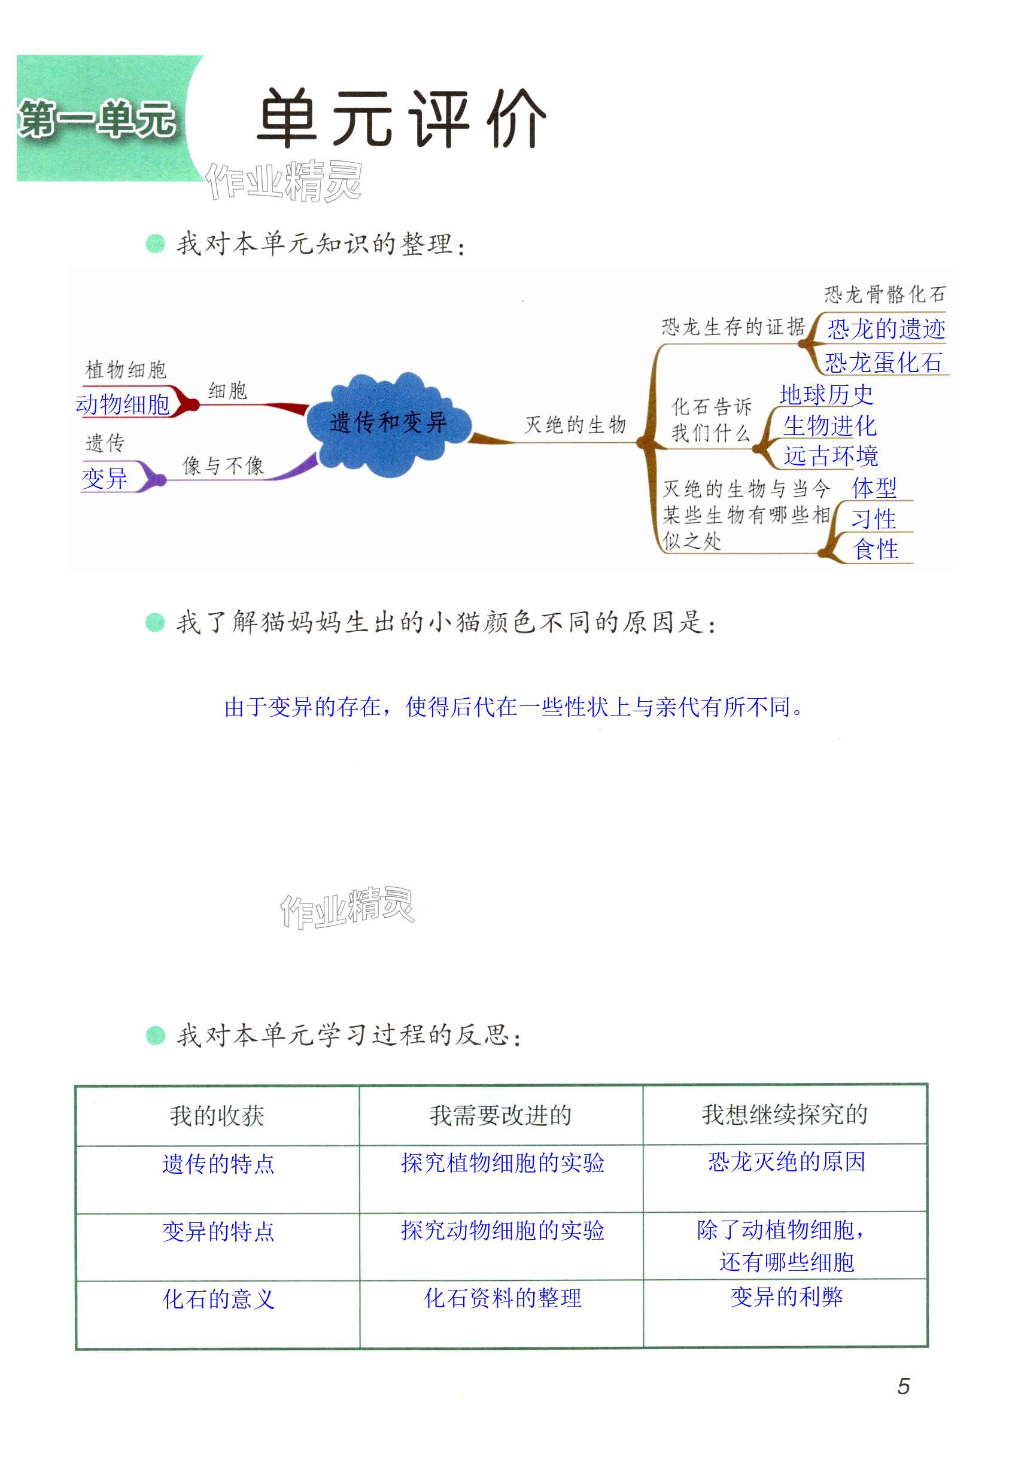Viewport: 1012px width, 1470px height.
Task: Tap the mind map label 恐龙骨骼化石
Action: click(885, 294)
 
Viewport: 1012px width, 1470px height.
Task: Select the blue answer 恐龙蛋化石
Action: click(883, 363)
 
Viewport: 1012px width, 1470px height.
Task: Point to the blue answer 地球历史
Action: click(826, 395)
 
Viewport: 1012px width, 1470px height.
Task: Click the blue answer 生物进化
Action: click(829, 426)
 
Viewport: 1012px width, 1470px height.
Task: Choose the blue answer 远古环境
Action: click(831, 456)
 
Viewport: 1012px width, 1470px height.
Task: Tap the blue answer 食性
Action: click(876, 549)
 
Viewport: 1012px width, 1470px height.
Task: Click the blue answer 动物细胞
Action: click(122, 404)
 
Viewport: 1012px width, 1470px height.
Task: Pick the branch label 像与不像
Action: click(223, 466)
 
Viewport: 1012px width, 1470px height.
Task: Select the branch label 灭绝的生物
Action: click(575, 425)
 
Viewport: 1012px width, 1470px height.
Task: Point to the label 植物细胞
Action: click(126, 370)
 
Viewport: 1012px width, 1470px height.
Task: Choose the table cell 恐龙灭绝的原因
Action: click(786, 1162)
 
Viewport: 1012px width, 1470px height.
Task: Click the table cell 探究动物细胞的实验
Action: click(502, 1231)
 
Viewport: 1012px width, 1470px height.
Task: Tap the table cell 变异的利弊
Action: click(786, 1297)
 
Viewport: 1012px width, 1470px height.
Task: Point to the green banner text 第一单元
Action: click(96, 119)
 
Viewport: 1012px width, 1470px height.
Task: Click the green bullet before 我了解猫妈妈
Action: click(155, 623)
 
